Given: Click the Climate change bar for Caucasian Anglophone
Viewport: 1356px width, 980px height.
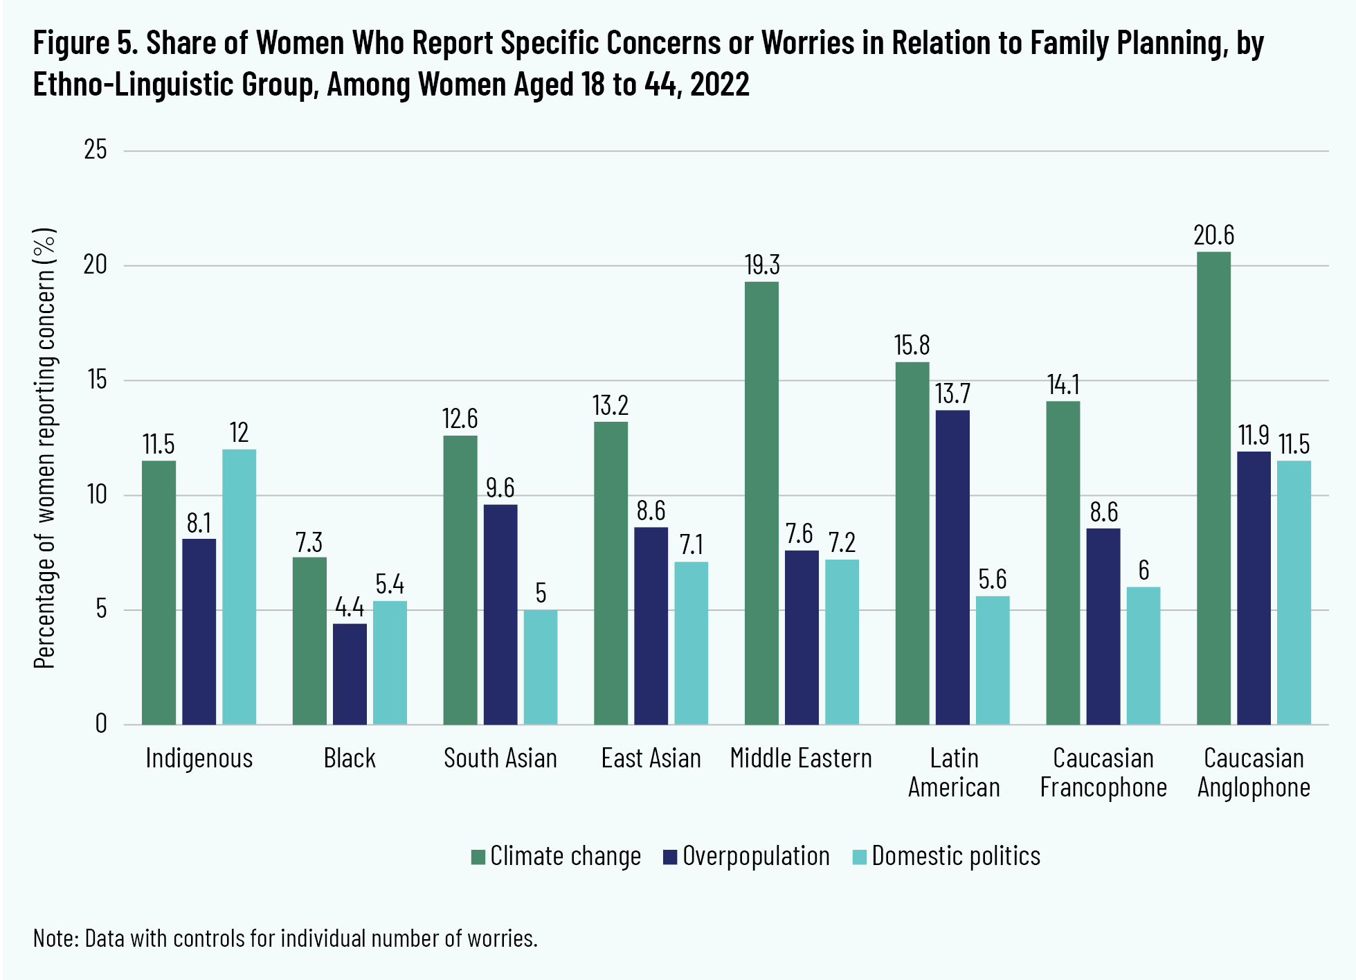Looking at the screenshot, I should pyautogui.click(x=1213, y=488).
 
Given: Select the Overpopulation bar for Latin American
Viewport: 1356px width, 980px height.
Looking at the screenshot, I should pyautogui.click(x=952, y=567).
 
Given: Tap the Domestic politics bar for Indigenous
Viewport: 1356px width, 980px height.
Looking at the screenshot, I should pyautogui.click(x=239, y=587).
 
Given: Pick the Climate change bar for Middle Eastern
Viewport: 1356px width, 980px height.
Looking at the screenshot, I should pyautogui.click(x=761, y=503).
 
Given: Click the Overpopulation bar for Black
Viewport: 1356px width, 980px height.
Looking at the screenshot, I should pyautogui.click(x=350, y=674).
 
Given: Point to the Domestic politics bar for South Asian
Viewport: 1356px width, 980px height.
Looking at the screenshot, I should pyautogui.click(x=541, y=667).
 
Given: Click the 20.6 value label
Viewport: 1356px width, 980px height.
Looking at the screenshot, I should pyautogui.click(x=1213, y=236).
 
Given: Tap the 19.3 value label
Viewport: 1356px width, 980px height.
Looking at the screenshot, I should pyautogui.click(x=761, y=265).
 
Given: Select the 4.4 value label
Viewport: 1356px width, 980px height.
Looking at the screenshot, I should pyautogui.click(x=350, y=607).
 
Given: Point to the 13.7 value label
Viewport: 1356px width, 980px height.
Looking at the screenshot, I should pyautogui.click(x=952, y=394).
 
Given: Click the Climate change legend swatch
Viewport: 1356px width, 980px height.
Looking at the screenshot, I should pyautogui.click(x=478, y=857).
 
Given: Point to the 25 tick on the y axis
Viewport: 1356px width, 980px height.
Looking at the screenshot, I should pyautogui.click(x=96, y=150).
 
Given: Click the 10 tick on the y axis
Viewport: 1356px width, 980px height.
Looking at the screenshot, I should pyautogui.click(x=96, y=495).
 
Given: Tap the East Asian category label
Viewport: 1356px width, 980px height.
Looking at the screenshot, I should pyautogui.click(x=651, y=758).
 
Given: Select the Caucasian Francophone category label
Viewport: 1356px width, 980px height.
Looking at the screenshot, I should pyautogui.click(x=1103, y=773).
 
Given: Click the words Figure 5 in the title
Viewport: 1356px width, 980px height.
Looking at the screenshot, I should pyautogui.click(x=84, y=43).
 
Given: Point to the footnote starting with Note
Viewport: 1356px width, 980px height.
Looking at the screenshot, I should pyautogui.click(x=285, y=938).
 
